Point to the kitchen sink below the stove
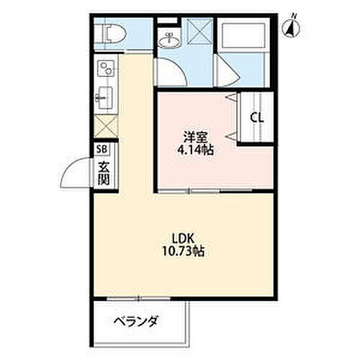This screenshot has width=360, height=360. [x=103, y=96]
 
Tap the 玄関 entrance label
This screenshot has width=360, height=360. [x=103, y=173]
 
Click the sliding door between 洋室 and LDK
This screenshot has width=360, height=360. [x=191, y=192]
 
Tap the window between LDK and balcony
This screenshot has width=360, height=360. [x=141, y=297]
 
